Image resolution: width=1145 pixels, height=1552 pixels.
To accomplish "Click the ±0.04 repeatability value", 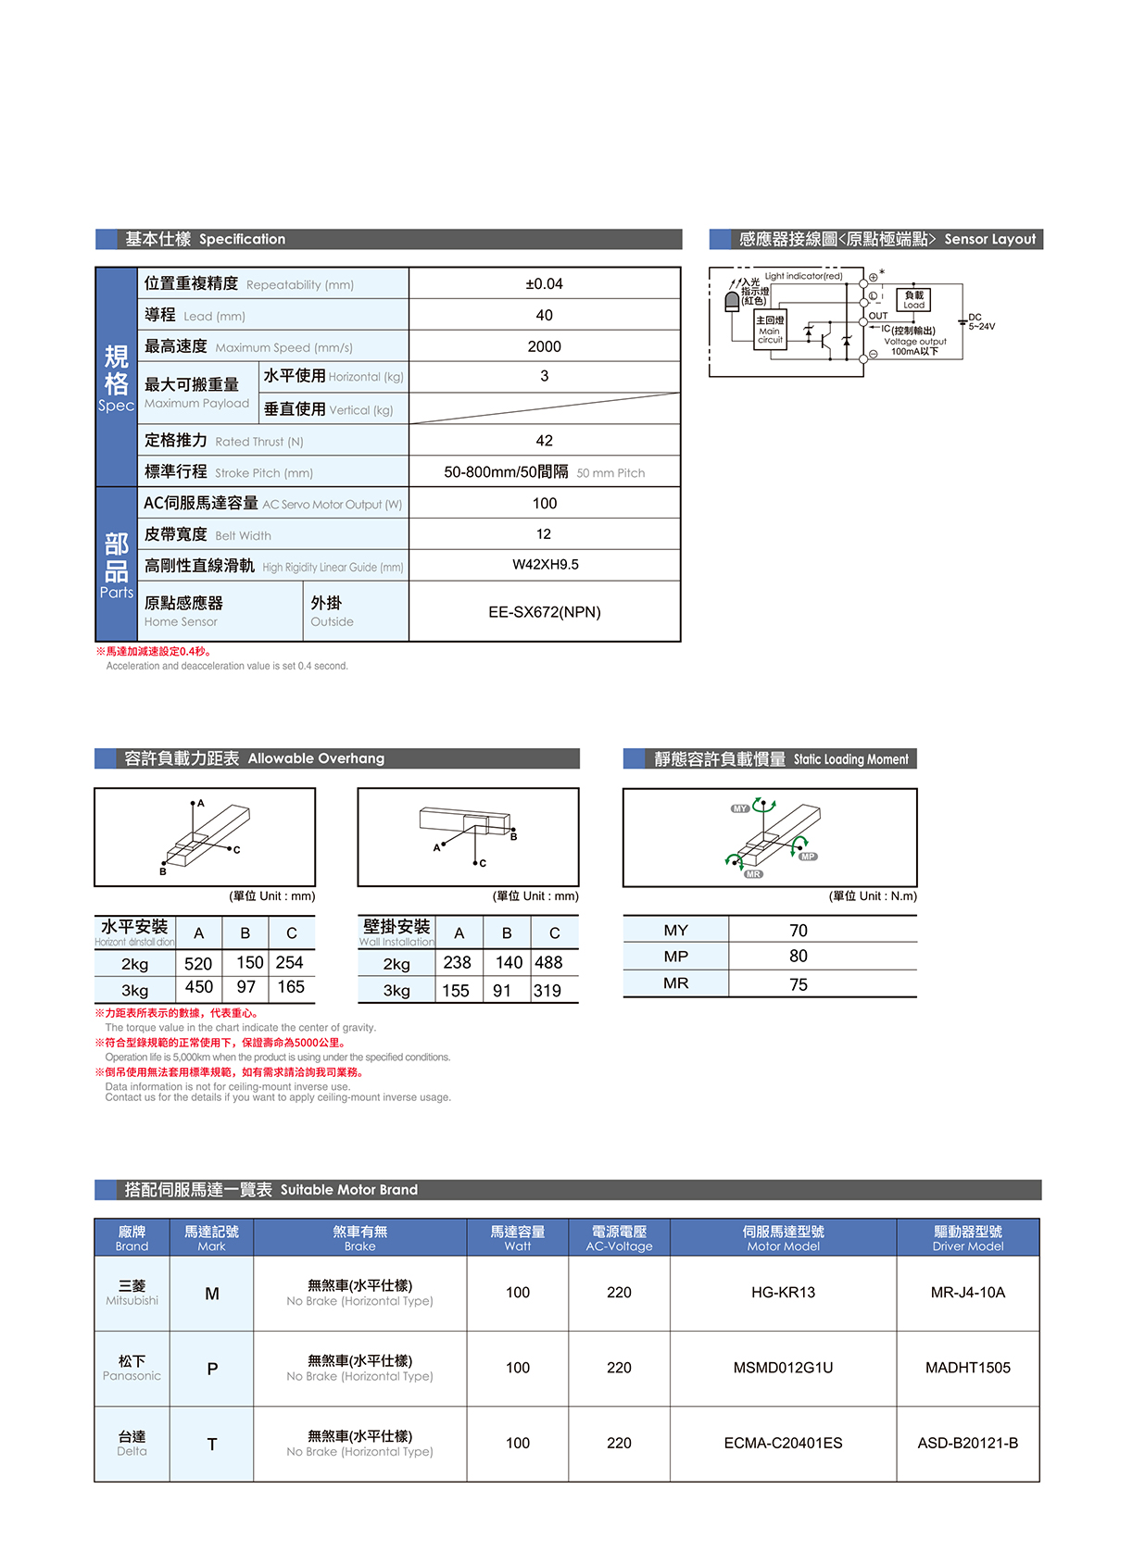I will click(544, 284).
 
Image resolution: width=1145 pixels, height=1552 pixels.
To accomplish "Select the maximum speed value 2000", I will click(544, 346).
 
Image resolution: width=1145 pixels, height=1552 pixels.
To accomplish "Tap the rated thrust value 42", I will click(544, 441).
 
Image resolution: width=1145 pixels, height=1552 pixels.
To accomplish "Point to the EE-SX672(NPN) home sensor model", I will click(544, 612).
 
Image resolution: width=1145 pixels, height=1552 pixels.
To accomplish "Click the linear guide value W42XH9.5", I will click(545, 565).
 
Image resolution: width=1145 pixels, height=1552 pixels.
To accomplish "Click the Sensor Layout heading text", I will click(989, 239).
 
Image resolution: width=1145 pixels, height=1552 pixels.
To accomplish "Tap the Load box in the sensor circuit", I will click(913, 299).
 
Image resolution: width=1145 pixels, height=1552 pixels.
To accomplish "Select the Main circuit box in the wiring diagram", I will click(770, 330).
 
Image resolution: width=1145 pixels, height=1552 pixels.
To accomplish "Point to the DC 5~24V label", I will click(981, 321).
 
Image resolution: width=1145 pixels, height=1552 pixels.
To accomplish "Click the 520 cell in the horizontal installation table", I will click(198, 964).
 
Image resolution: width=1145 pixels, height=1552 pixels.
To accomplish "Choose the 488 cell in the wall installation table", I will click(548, 963).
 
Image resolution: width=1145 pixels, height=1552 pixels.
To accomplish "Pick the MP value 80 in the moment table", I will click(798, 957).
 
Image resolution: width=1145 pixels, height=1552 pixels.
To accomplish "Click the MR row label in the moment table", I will click(675, 983).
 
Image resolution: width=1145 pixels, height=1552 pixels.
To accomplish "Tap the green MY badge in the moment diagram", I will click(739, 808).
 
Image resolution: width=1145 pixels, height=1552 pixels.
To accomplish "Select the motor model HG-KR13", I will click(783, 1293).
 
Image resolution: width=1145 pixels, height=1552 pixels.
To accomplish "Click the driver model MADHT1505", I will click(967, 1368).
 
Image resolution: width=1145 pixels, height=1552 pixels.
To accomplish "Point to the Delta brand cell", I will click(132, 1443).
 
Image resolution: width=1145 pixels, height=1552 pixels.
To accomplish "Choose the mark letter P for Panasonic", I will click(212, 1369).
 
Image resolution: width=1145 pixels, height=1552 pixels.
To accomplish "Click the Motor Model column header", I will click(783, 1238).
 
